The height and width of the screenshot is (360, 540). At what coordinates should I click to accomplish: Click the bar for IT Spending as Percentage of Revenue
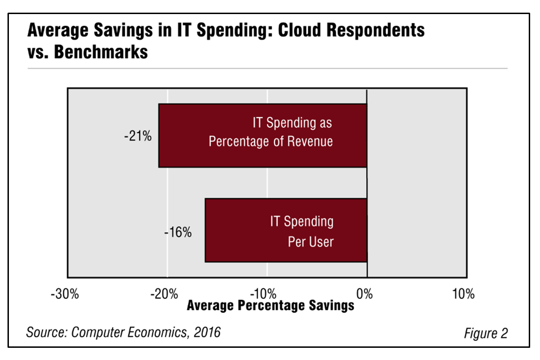pos(262,135)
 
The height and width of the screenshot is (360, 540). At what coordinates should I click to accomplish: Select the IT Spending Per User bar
pos(286,230)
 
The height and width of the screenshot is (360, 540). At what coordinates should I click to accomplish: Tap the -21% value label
pos(138,138)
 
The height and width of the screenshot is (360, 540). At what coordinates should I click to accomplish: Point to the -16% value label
pos(178,232)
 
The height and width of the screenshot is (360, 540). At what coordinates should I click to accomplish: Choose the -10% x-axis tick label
pos(266,294)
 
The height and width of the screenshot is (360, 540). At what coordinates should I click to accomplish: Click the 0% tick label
pos(366,294)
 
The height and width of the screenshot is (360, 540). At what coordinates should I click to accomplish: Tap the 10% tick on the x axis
pos(464,294)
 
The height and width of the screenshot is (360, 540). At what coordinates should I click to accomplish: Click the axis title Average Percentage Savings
pos(270,306)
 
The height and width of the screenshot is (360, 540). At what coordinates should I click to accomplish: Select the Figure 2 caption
pos(486,333)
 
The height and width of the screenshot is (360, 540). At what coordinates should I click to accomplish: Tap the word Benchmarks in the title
pos(101,52)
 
